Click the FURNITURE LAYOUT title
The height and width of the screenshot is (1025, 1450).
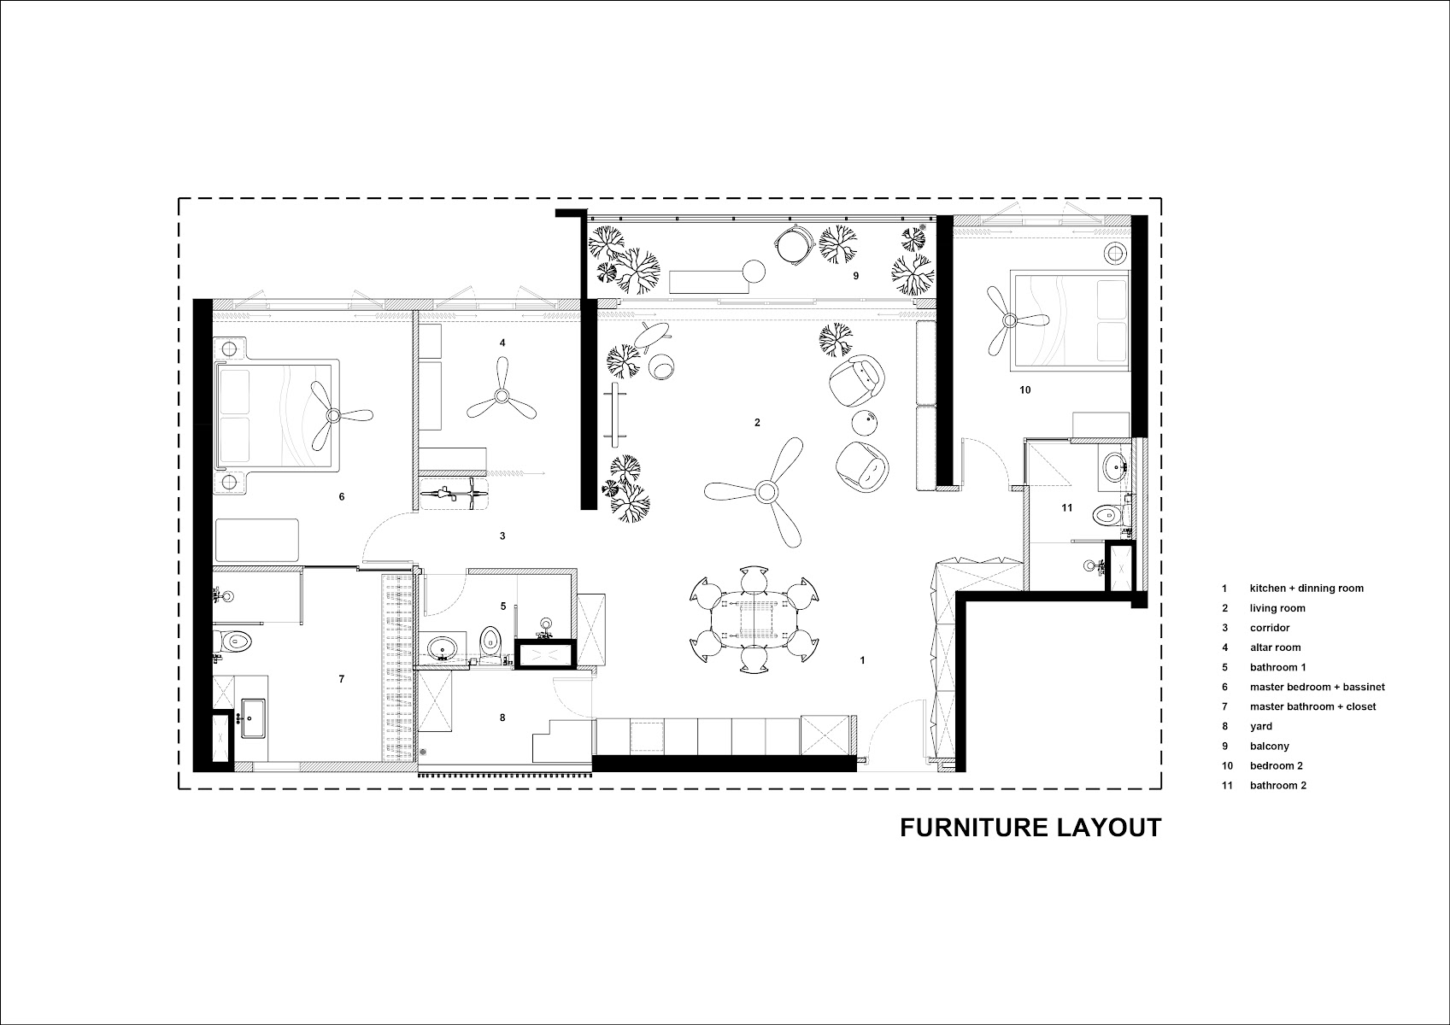(x=1030, y=828)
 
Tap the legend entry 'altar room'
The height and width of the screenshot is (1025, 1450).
(x=1275, y=647)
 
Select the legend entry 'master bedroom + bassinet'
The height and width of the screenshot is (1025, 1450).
(x=1318, y=687)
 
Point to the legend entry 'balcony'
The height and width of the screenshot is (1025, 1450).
(x=1270, y=746)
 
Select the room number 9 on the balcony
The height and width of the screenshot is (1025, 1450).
(x=856, y=276)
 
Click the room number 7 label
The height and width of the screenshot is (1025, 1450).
(x=341, y=679)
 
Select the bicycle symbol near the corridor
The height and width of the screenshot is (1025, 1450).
(x=453, y=495)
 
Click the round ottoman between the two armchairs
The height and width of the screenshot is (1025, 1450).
(x=866, y=423)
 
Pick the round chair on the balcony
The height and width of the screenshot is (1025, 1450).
(x=792, y=244)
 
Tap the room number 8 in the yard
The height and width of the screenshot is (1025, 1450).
(x=502, y=717)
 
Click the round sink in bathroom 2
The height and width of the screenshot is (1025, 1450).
(x=1115, y=465)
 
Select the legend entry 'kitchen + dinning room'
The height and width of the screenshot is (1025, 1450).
(x=1306, y=589)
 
